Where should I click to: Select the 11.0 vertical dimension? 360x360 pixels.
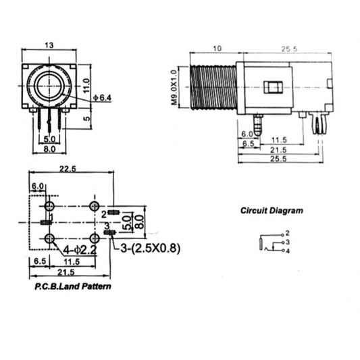click(86, 85)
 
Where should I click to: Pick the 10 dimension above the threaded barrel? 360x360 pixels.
click(216, 49)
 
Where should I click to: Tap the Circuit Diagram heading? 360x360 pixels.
click(272, 210)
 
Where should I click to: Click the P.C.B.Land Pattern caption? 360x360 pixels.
click(73, 286)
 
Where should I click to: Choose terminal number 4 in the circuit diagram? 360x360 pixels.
click(288, 251)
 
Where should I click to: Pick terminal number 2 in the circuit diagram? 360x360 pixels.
click(288, 233)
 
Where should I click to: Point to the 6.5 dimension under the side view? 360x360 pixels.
click(247, 144)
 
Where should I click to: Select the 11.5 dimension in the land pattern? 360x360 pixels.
click(71, 261)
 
